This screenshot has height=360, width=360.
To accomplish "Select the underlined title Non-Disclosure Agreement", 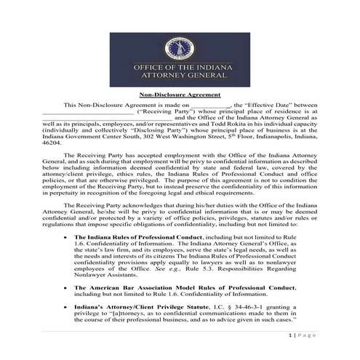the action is coord(180,94).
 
